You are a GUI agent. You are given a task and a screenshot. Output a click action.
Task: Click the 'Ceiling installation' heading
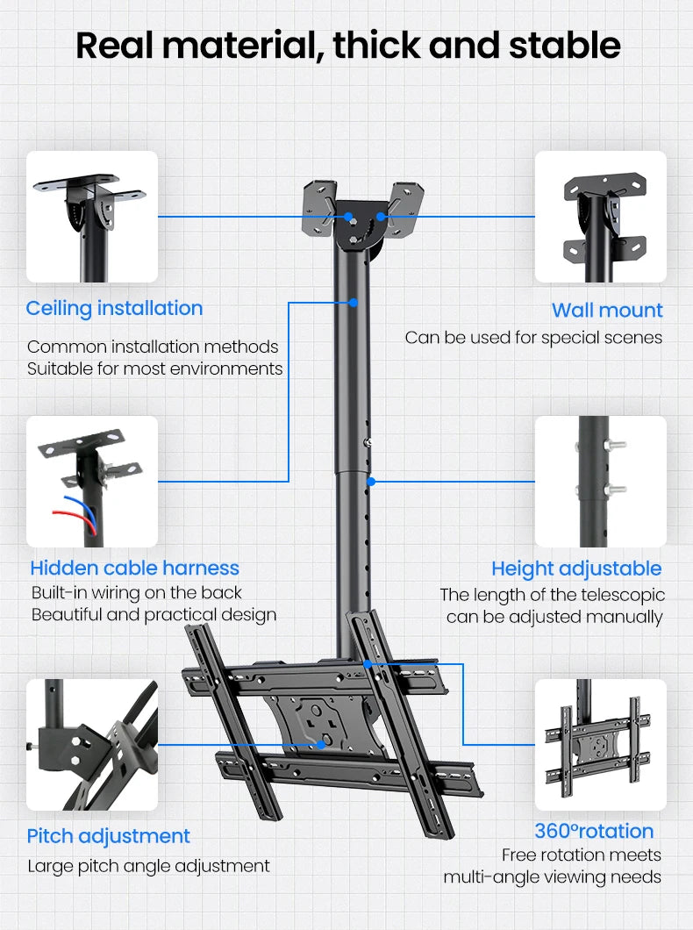coord(114,308)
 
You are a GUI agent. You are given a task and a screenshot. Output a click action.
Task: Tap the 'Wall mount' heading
coord(607,310)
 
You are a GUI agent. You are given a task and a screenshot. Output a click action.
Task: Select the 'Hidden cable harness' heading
coord(134,568)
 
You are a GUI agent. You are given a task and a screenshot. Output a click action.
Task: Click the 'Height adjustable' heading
coord(576,568)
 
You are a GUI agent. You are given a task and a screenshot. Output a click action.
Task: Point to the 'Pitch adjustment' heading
coord(108,835)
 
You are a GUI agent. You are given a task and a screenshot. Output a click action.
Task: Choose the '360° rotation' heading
coord(594,831)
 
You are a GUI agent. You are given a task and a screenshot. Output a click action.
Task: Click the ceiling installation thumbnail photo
coord(92,217)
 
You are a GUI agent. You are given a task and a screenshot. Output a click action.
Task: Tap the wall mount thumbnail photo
coord(601,217)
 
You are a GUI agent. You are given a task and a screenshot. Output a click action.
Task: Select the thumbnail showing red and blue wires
coord(92,482)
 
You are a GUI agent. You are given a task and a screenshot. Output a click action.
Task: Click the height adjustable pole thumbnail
coord(601,482)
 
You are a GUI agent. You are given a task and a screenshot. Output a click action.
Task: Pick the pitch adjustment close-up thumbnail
coord(92,745)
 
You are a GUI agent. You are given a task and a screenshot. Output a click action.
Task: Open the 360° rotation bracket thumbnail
coord(601,745)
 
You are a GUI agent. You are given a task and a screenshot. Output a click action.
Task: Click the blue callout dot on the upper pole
coord(353,303)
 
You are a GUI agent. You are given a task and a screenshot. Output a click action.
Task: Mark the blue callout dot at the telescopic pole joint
coord(371,481)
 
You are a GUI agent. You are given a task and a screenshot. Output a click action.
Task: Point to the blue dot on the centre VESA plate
coord(324,744)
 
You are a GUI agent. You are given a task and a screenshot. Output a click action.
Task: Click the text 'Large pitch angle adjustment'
coord(148,866)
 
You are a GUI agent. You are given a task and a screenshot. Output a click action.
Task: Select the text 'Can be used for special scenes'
coord(533,338)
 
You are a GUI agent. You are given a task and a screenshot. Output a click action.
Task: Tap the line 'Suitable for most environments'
coord(155,368)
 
